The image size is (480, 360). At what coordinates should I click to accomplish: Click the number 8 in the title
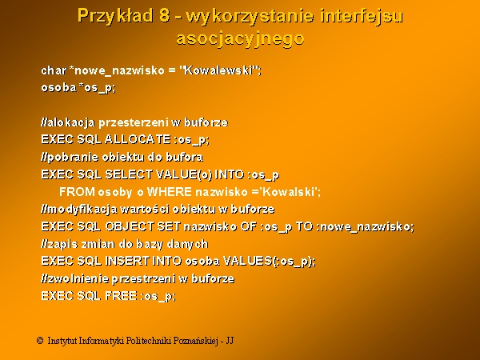point(164,15)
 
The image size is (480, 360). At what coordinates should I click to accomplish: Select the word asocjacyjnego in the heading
point(240,39)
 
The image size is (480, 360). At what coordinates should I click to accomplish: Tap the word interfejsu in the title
point(362,17)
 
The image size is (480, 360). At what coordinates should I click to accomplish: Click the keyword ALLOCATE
point(138,139)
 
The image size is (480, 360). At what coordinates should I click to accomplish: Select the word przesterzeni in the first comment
point(134,122)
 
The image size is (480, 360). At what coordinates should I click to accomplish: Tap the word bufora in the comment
point(184,157)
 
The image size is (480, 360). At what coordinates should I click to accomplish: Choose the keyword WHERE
point(170,192)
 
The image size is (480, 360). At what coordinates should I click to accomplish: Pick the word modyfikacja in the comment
point(82,210)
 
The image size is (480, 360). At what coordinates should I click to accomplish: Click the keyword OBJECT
point(129,226)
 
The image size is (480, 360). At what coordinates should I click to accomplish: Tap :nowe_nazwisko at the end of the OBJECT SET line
point(364,227)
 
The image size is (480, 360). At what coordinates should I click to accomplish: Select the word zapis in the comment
point(62,244)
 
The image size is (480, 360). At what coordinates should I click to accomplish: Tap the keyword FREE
point(121,296)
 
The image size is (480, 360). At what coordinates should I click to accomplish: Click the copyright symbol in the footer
point(40,341)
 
